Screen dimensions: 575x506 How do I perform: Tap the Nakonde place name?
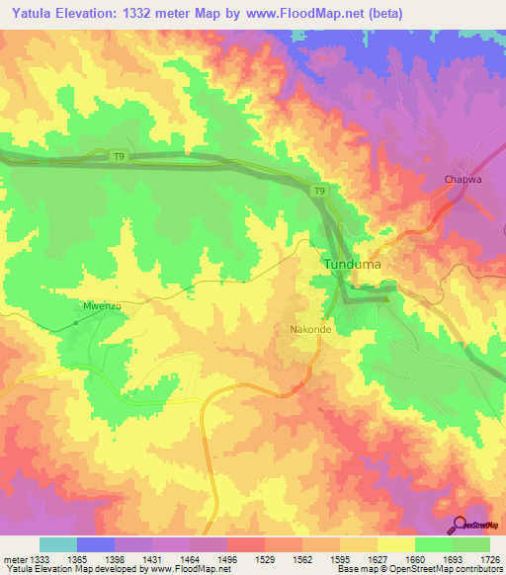point(308,329)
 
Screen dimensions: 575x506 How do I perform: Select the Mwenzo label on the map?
point(100,306)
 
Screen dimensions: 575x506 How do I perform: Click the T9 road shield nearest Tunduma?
point(319,190)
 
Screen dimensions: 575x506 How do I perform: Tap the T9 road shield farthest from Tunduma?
point(117,154)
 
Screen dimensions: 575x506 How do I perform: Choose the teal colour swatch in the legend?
point(58,544)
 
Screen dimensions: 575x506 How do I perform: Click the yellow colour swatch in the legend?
point(395,544)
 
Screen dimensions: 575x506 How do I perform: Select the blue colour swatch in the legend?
point(96,544)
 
